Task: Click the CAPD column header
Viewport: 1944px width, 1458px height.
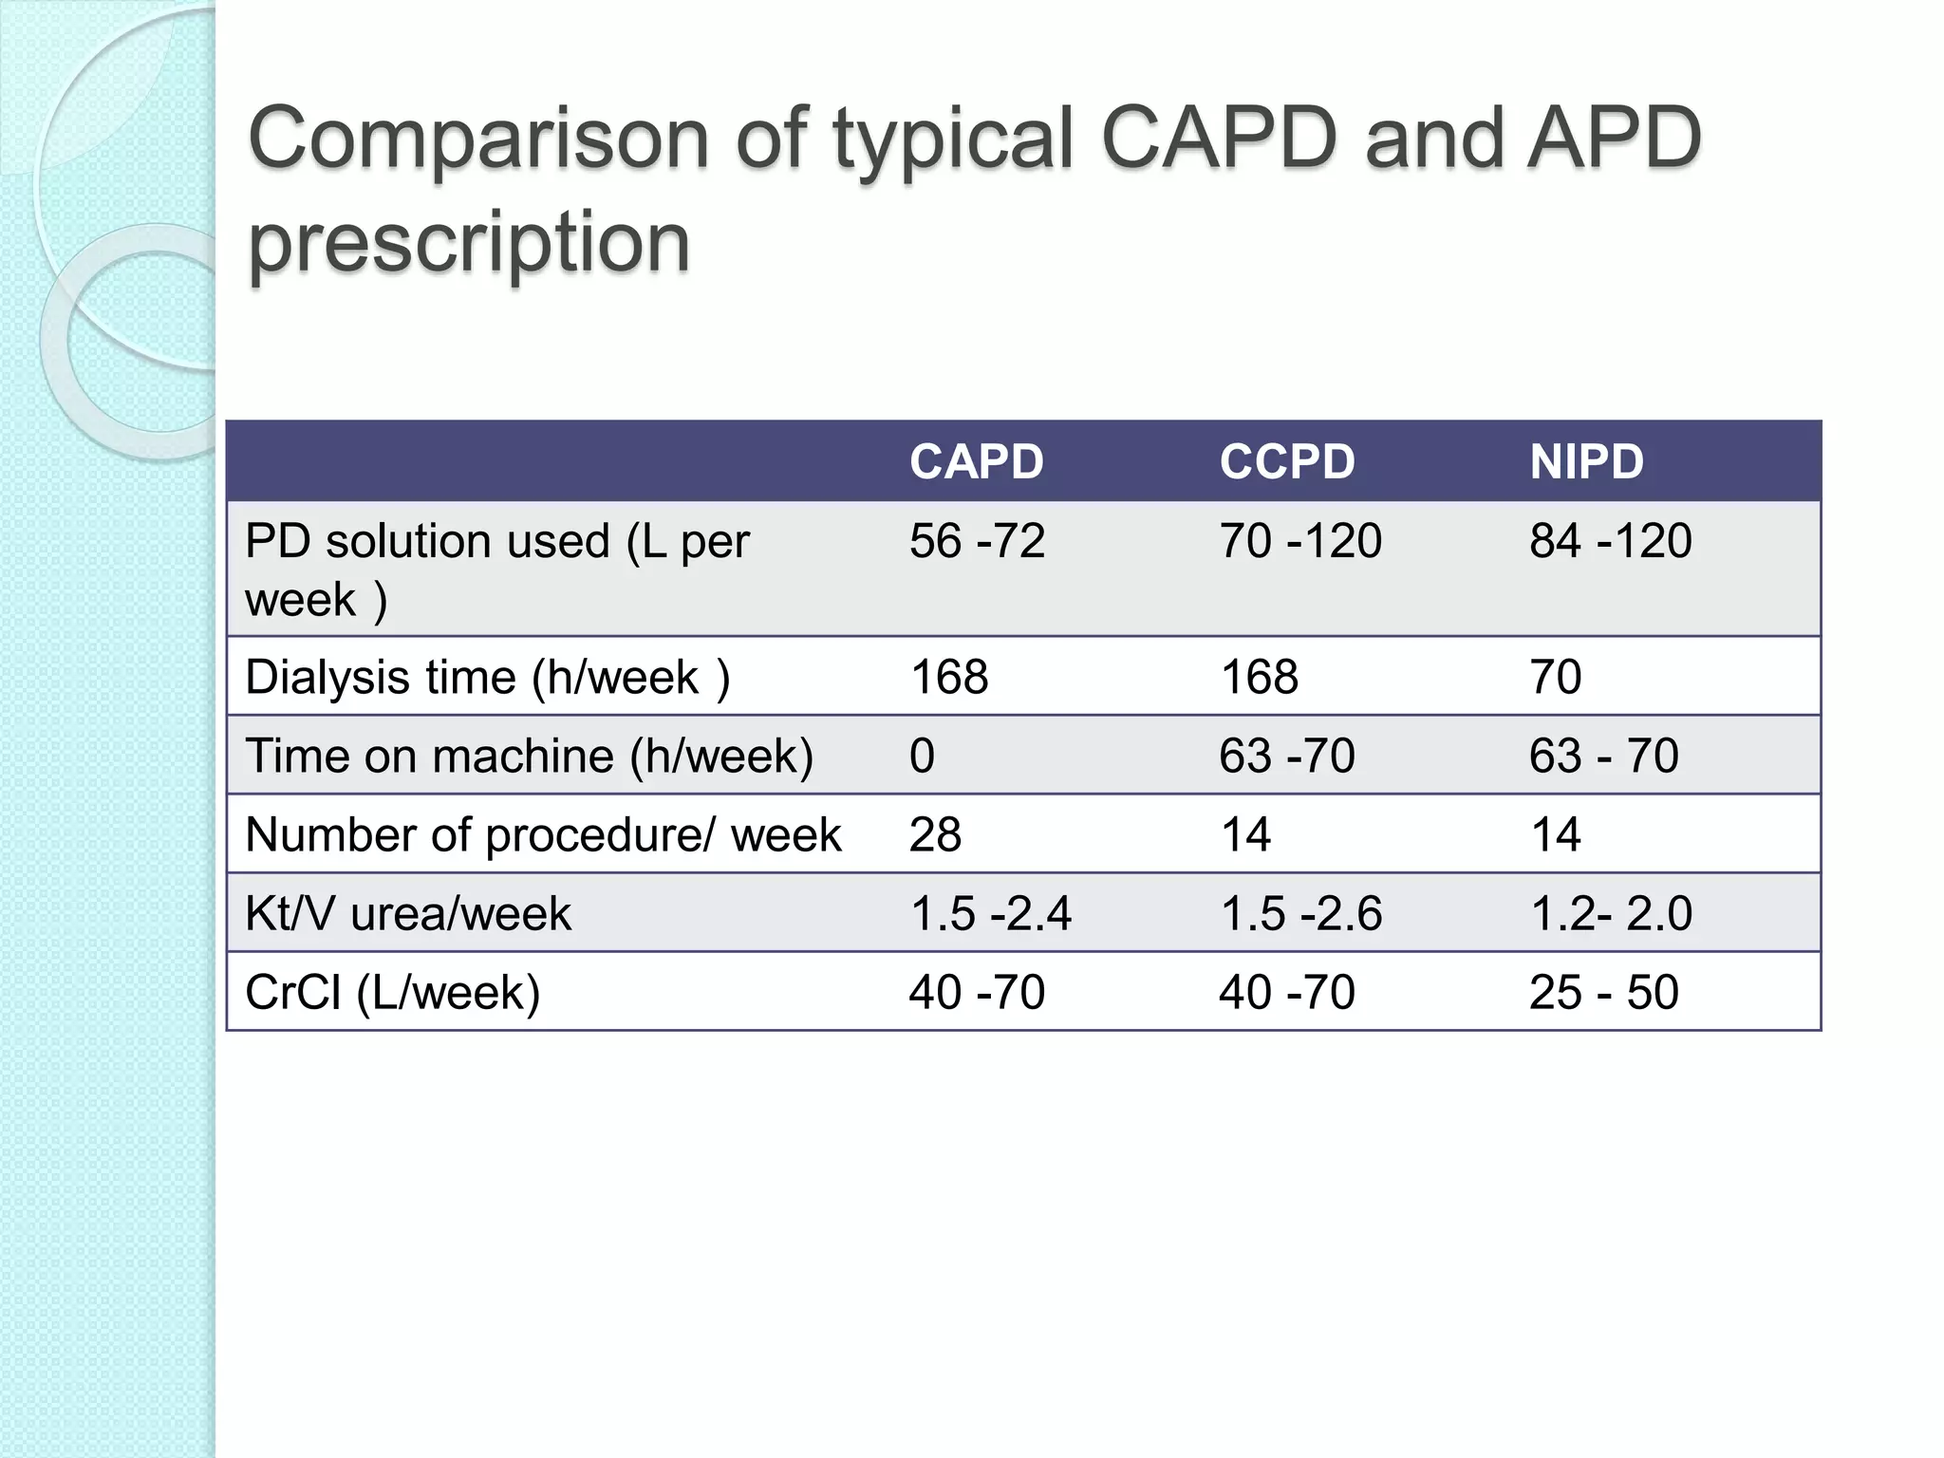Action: coord(976,462)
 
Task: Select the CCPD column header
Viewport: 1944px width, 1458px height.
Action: coord(1286,462)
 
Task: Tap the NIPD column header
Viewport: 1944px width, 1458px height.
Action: coord(1586,462)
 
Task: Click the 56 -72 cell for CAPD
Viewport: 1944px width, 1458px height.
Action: coord(977,541)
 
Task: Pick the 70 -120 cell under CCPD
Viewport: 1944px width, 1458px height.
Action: coord(1299,541)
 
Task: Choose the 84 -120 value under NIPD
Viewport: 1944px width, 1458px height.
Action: coord(1610,541)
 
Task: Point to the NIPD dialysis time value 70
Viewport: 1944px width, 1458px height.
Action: coord(1555,678)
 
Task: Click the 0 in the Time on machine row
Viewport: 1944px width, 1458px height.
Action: coord(922,757)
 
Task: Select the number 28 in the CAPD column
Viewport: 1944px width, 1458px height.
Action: coord(935,835)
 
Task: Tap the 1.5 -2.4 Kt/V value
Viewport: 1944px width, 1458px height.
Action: coord(990,914)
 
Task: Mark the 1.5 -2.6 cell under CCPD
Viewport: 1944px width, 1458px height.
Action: coord(1300,914)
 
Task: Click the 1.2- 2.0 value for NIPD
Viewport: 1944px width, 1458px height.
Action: coord(1611,914)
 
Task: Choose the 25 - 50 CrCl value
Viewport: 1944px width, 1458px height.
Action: coord(1603,993)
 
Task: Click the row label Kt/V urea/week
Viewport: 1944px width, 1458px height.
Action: coord(408,914)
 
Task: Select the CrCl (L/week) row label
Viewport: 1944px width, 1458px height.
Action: coord(392,993)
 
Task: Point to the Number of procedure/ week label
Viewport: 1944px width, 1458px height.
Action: coord(543,835)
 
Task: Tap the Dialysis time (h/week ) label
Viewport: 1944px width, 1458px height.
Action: coord(487,678)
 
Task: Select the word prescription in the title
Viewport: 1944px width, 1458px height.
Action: coord(469,243)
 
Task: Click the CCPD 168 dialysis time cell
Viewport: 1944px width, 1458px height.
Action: coord(1259,678)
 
